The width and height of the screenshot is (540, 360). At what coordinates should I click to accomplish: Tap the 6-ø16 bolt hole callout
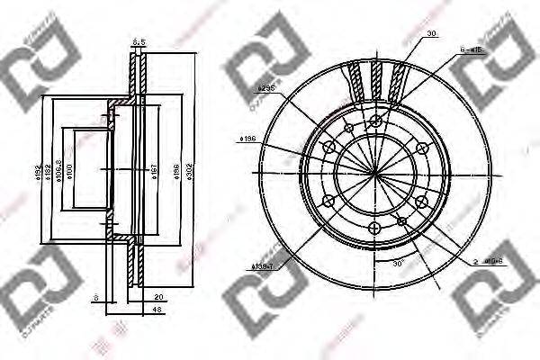472,51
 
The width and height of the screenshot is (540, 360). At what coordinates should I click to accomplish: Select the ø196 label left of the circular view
249,138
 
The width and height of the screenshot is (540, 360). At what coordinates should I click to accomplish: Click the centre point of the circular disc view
374,172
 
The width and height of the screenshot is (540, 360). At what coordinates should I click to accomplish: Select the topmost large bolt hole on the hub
375,121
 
